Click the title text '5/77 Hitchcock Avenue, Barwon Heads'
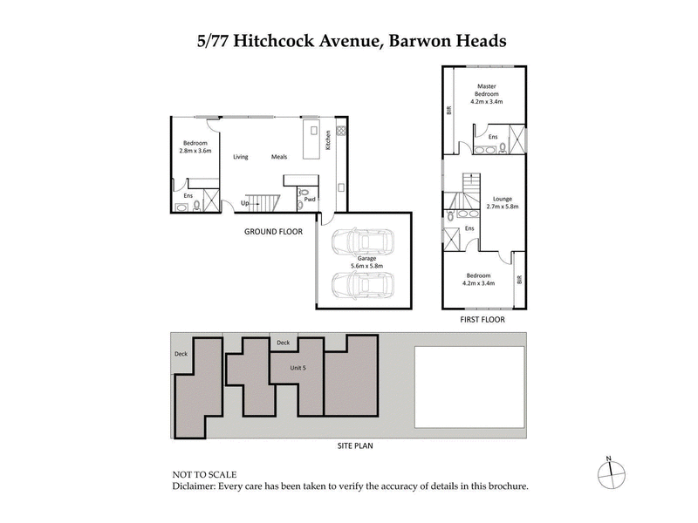coord(348,40)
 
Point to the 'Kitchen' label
coord(328,139)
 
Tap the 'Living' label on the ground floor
coord(241,157)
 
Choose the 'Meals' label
coord(279,157)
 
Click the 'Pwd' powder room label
coord(311,199)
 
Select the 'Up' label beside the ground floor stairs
coord(246,204)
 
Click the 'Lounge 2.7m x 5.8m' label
coord(504,203)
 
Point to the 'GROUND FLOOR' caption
coord(273,232)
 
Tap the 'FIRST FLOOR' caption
coord(482,319)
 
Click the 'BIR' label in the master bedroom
coord(448,111)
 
